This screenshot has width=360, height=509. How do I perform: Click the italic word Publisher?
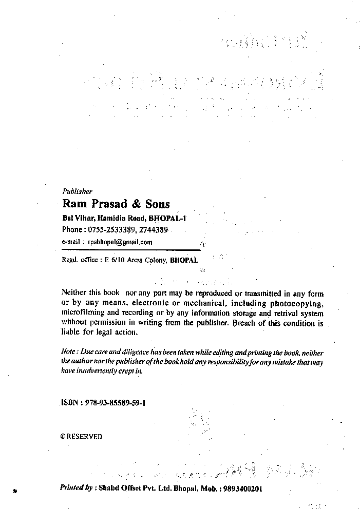pyautogui.click(x=77, y=191)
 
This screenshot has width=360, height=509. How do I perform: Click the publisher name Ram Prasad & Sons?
pyautogui.click(x=116, y=204)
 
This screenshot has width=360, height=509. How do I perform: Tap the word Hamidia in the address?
pyautogui.click(x=112, y=218)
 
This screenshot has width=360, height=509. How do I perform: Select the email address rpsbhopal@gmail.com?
pyautogui.click(x=120, y=242)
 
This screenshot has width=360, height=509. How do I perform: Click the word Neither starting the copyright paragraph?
pyautogui.click(x=74, y=293)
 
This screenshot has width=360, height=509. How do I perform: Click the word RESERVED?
pyautogui.click(x=84, y=437)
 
